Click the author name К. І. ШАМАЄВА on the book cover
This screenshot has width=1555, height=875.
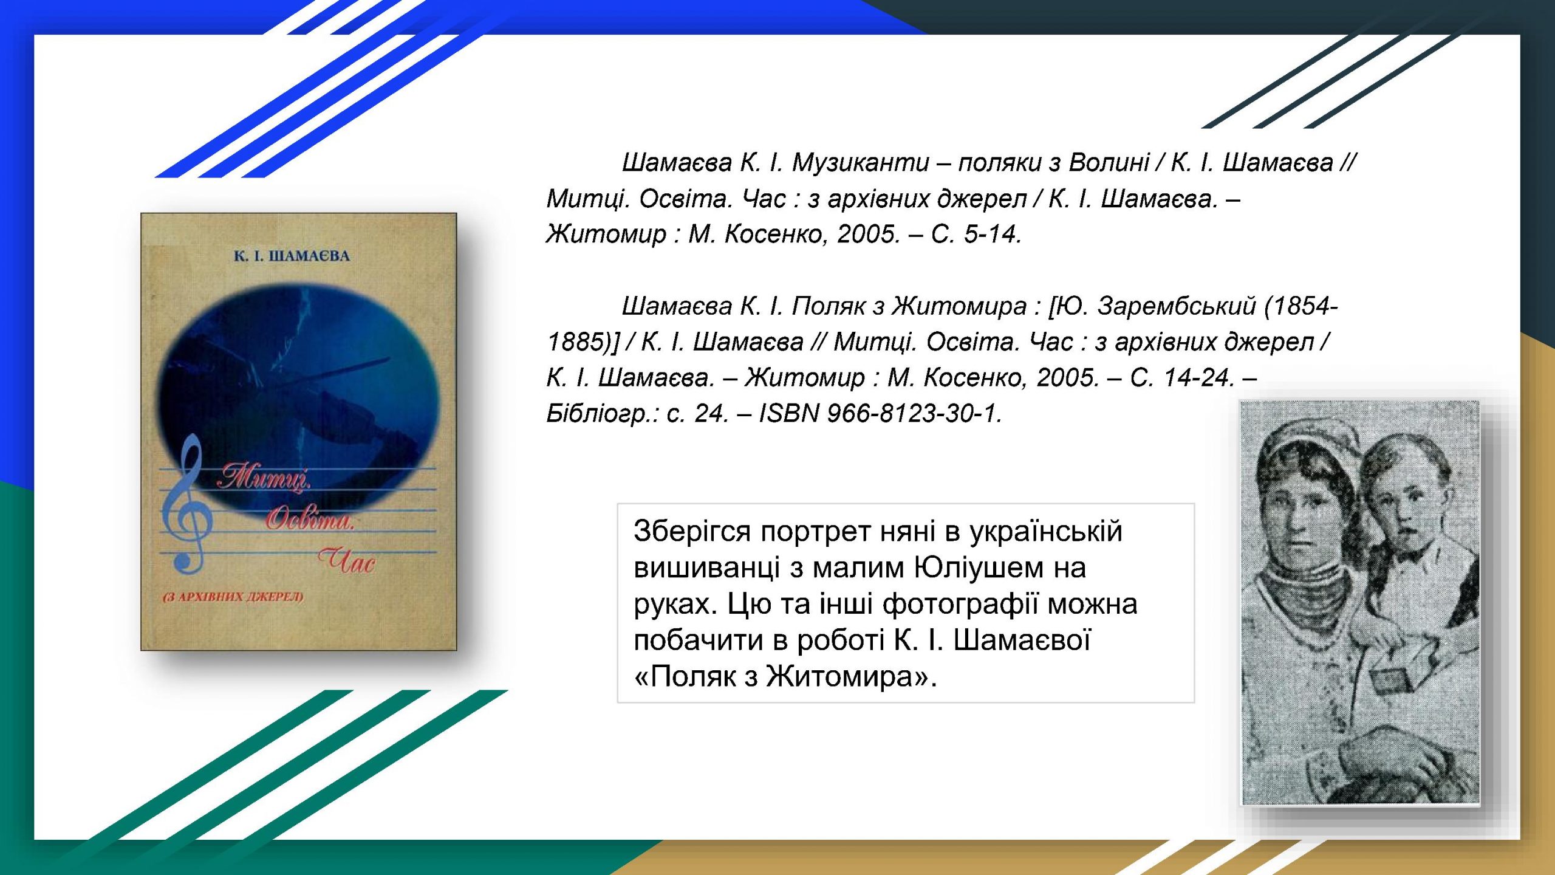point(292,256)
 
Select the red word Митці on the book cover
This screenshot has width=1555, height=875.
point(265,477)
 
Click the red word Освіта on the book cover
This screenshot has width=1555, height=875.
point(310,520)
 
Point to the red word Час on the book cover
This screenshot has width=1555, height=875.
point(346,560)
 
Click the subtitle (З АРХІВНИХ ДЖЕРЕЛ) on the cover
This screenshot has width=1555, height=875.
point(233,597)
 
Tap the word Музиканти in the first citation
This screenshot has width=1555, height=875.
point(861,163)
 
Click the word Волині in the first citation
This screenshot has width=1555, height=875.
point(1109,163)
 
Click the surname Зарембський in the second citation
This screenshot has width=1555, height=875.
point(1176,306)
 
